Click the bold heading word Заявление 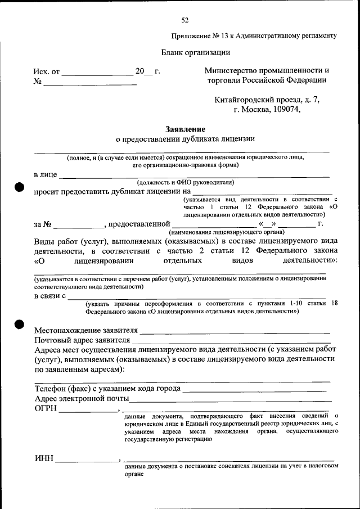coord(185,129)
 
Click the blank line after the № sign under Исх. coord(90,84)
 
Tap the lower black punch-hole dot coord(19,325)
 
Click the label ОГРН coord(46,409)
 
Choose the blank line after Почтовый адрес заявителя coord(231,342)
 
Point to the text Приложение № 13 coord(199,35)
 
